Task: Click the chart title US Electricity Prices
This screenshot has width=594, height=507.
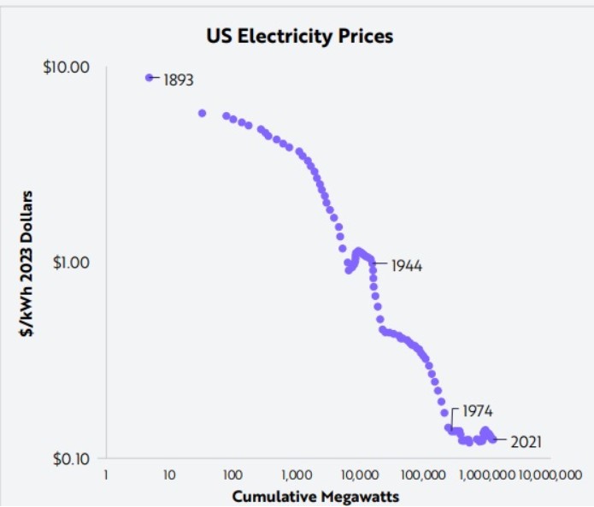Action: click(x=299, y=37)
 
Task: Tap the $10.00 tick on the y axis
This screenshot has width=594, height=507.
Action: click(x=67, y=67)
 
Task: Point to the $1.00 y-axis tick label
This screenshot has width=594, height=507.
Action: click(x=70, y=262)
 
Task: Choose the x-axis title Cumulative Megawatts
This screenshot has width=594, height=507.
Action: click(x=315, y=495)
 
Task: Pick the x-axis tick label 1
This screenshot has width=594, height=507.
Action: click(x=105, y=474)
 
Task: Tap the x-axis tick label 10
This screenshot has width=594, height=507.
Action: click(x=168, y=474)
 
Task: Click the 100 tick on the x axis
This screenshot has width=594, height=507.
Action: click(x=232, y=474)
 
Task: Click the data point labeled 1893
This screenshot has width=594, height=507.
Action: click(x=150, y=78)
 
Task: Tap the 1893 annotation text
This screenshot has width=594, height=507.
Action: click(x=178, y=80)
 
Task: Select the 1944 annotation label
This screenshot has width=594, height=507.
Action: click(x=406, y=265)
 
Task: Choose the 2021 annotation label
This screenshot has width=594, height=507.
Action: click(x=525, y=442)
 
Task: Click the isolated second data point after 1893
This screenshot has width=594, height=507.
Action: click(x=203, y=113)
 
